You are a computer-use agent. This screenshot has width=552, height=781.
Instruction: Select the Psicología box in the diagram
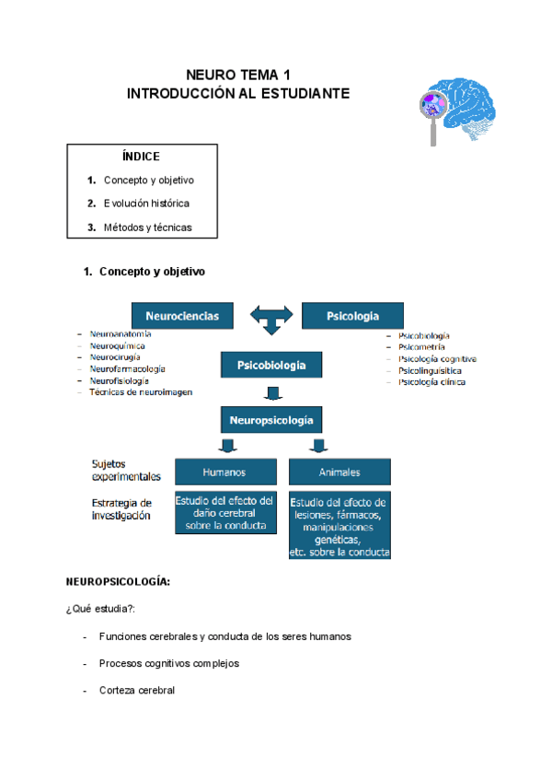coord(352,316)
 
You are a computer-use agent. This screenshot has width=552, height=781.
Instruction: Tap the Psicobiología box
coord(271,366)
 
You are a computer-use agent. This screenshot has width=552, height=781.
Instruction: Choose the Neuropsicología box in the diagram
coord(271,421)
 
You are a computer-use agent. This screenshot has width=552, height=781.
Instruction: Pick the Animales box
coord(339,472)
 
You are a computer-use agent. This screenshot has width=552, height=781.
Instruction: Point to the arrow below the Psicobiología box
coord(271,393)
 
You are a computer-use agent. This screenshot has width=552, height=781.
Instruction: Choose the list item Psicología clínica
coord(431,381)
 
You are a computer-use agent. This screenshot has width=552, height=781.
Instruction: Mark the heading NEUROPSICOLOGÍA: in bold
coord(118,583)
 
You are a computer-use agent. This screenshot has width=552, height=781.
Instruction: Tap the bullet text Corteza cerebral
coord(137,690)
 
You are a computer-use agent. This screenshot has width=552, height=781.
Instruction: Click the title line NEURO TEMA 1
coord(238,75)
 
